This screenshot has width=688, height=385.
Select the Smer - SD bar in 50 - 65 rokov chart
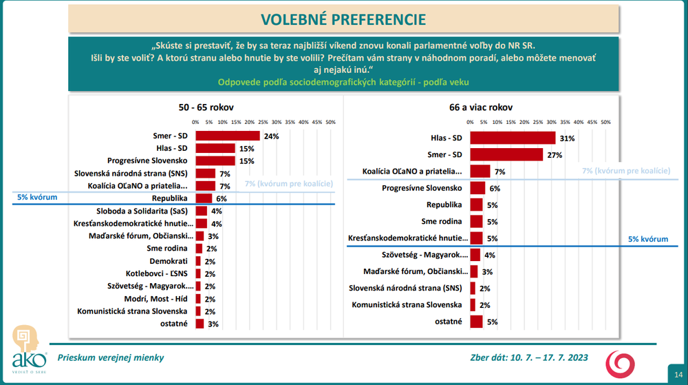click(228, 136)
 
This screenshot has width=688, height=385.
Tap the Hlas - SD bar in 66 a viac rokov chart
click(513, 138)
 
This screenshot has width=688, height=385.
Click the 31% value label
click(568, 138)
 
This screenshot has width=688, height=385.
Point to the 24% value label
click(271, 136)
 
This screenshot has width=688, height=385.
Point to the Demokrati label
click(168, 261)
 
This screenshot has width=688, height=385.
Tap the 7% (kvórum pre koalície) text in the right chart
click(626, 170)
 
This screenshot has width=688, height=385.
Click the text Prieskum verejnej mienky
click(111, 357)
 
